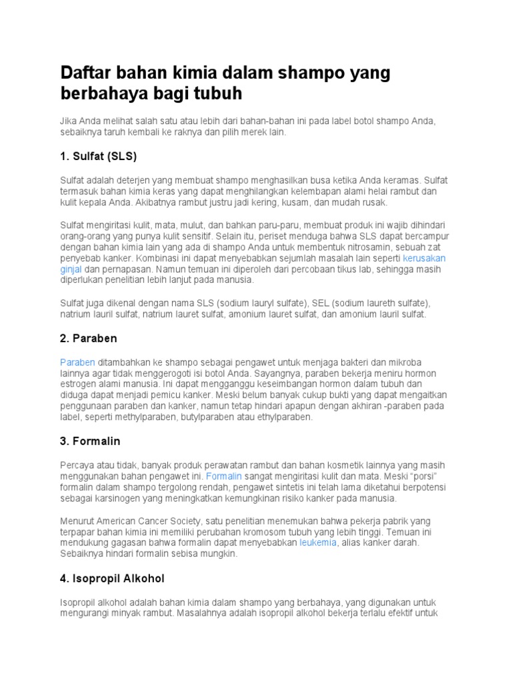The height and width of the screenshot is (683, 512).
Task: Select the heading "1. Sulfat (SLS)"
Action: point(98,156)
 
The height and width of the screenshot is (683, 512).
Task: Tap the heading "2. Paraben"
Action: point(89,338)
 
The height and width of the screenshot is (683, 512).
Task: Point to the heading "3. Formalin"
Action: point(90,442)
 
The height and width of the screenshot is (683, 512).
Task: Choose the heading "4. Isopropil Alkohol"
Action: point(112,578)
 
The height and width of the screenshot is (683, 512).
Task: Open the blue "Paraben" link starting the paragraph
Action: point(77,362)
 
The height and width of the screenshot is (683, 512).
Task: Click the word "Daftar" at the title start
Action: point(87,72)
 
